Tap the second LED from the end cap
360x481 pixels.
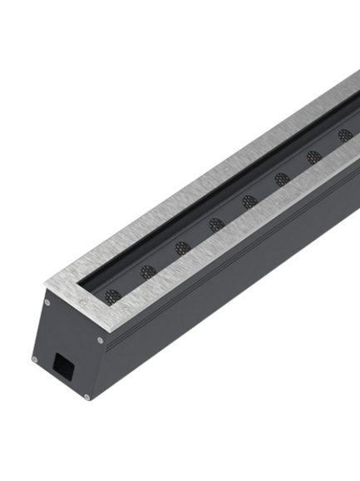click(148, 271)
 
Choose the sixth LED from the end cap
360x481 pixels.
click(283, 179)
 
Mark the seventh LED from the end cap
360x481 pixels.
click(314, 156)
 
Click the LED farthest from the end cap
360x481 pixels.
click(345, 135)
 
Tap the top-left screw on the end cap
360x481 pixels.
click(47, 302)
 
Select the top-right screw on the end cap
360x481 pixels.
click(101, 339)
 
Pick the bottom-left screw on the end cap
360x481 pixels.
click(34, 360)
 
